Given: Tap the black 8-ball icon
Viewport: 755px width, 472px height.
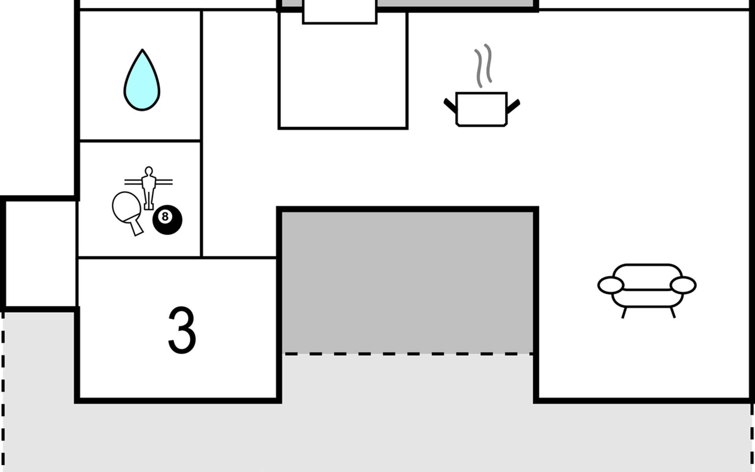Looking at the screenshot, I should coord(168,220).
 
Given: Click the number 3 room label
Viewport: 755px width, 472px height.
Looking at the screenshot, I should coord(182,330).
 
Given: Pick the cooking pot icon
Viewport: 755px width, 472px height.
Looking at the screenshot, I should coord(481,109).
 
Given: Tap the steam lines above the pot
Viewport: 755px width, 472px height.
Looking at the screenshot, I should coord(483,65).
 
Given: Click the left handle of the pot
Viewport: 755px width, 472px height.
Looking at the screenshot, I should coord(450,105).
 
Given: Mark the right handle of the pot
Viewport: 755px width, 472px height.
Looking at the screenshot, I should coord(514,105).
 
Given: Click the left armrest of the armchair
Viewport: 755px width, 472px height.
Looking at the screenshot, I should coord(611,285).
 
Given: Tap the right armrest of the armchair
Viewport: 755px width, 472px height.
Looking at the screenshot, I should coord(683,285).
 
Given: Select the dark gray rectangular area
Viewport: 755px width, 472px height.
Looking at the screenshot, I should coord(408,281).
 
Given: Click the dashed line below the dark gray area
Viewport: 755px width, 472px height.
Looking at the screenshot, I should coord(408,354).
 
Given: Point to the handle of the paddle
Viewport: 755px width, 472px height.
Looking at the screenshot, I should coord(137,227).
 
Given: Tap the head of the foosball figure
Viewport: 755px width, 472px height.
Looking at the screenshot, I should coord(149,171).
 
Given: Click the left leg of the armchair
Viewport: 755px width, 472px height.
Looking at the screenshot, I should coord(624,313).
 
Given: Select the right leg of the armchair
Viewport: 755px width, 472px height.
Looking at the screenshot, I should coord(672,313).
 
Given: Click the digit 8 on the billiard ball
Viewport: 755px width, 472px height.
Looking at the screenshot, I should coord(165,216).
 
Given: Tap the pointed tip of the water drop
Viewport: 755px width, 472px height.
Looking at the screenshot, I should coord(142,50).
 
